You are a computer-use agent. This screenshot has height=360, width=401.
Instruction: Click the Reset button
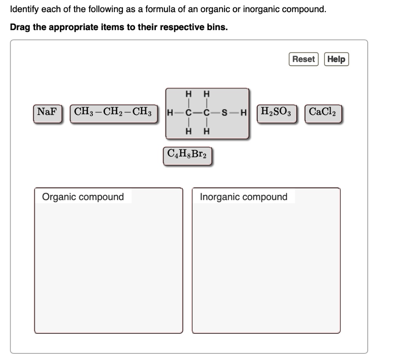click(x=303, y=59)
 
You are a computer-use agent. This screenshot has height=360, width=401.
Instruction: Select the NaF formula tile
click(x=47, y=112)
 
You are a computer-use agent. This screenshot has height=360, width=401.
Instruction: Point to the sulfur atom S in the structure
click(x=224, y=113)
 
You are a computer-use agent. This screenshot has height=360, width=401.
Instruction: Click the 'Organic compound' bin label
click(x=83, y=197)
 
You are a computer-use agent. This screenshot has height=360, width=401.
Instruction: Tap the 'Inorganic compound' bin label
click(x=244, y=197)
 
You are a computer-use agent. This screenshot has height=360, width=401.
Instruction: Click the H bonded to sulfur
click(x=243, y=113)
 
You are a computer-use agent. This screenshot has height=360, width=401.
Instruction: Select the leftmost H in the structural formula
click(x=170, y=113)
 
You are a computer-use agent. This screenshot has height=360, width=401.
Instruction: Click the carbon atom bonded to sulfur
click(x=206, y=113)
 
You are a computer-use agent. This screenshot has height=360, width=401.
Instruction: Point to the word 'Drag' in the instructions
click(x=20, y=27)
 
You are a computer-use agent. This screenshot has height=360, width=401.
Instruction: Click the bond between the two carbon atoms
click(x=197, y=113)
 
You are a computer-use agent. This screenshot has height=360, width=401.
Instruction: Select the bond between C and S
click(x=215, y=113)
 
